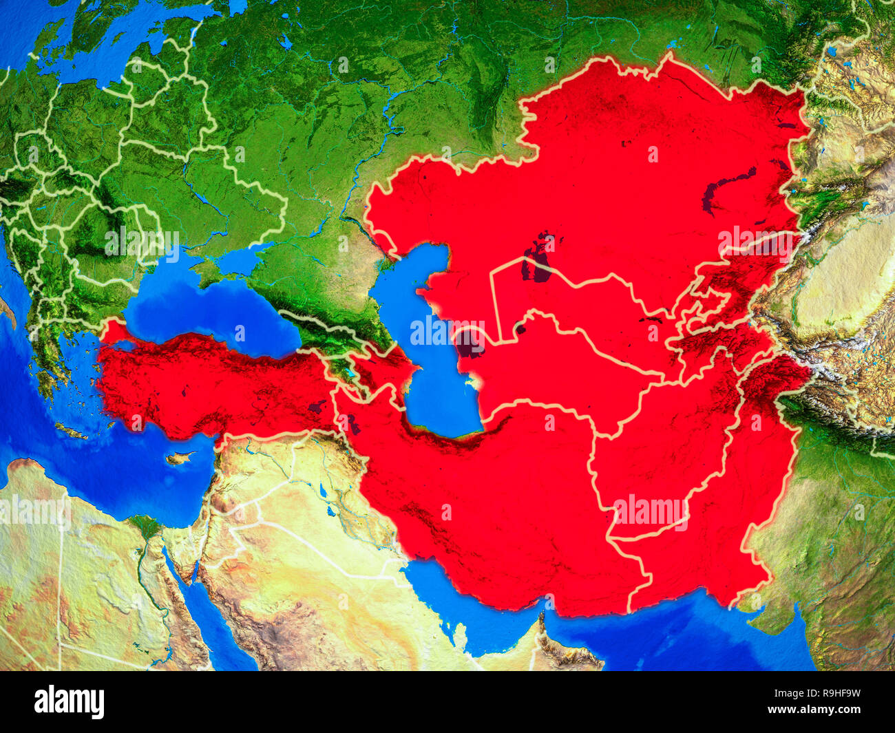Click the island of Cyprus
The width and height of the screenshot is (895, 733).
click(180, 458)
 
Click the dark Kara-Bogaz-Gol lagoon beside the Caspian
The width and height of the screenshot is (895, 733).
click(470, 343)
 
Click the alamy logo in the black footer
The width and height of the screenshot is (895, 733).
click(69, 702)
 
